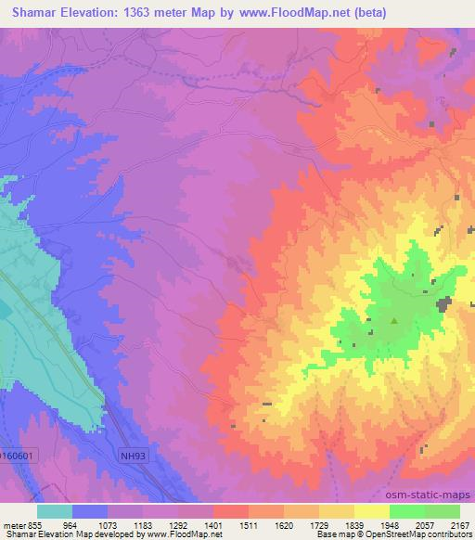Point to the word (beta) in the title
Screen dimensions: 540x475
click(366, 13)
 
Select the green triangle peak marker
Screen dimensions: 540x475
click(394, 322)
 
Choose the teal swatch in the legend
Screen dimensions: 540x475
click(55, 511)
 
